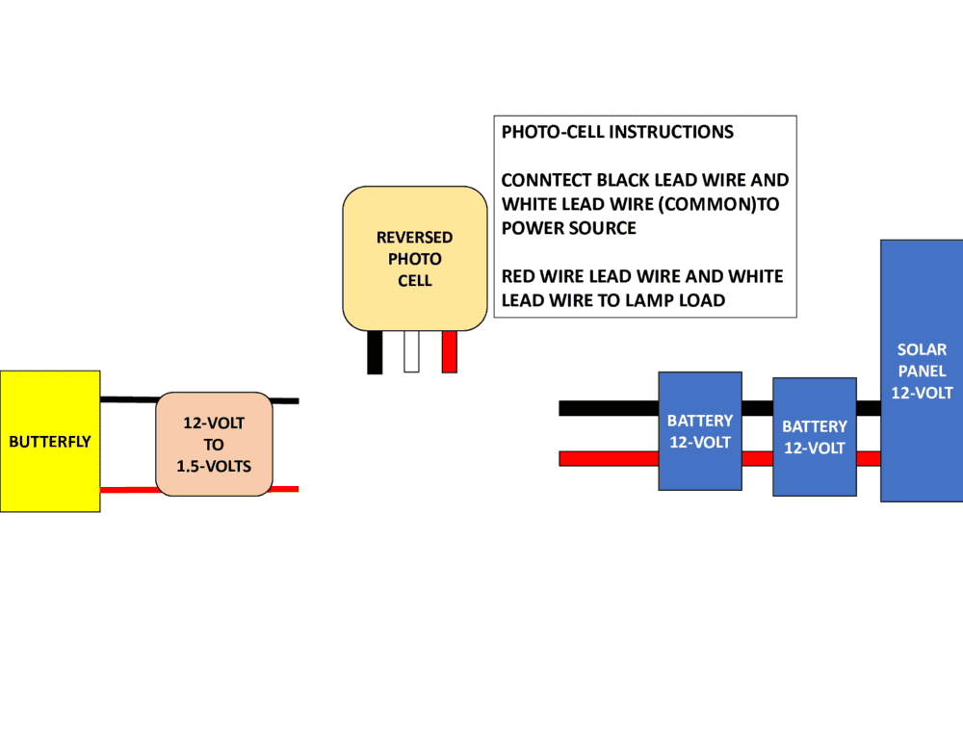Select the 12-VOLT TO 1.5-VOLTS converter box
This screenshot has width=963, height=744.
click(214, 444)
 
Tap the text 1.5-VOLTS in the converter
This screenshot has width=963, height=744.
click(214, 467)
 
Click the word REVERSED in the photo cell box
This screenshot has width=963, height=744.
click(414, 237)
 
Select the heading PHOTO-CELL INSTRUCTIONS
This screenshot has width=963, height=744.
click(617, 132)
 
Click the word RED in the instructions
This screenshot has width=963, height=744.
click(520, 276)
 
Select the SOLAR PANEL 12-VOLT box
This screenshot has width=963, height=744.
click(922, 371)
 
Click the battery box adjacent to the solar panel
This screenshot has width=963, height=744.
click(815, 436)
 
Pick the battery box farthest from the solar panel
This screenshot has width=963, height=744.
click(700, 430)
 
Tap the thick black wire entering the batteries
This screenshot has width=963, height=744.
click(607, 408)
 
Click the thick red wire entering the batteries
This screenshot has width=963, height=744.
click(607, 458)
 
